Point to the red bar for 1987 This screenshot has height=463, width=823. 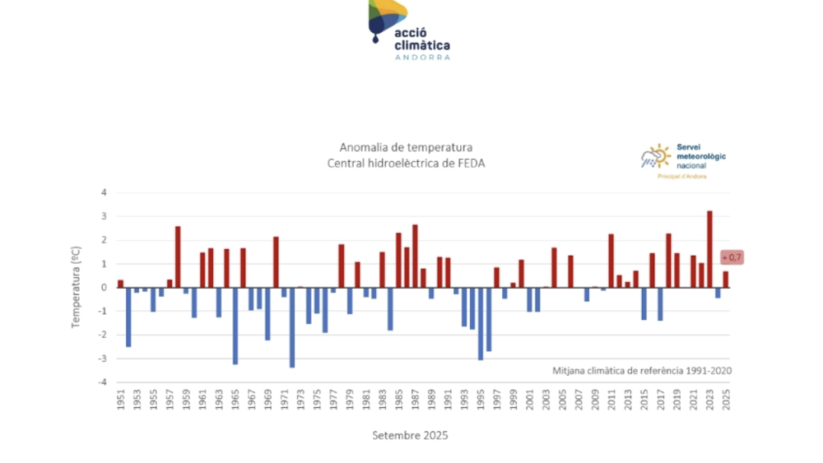pos(415,256)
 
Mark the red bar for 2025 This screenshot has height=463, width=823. pos(726,280)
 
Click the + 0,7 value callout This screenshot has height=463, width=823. pos(732,257)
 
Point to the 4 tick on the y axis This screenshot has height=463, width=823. pos(105,193)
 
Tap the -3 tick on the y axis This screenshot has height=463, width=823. pos(103,359)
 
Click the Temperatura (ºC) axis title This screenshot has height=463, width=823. pos(75,287)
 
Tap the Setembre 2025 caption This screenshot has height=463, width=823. pos(410,434)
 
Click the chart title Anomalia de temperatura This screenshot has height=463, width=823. pos(407,147)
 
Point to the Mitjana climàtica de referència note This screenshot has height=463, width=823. pos(642,370)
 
